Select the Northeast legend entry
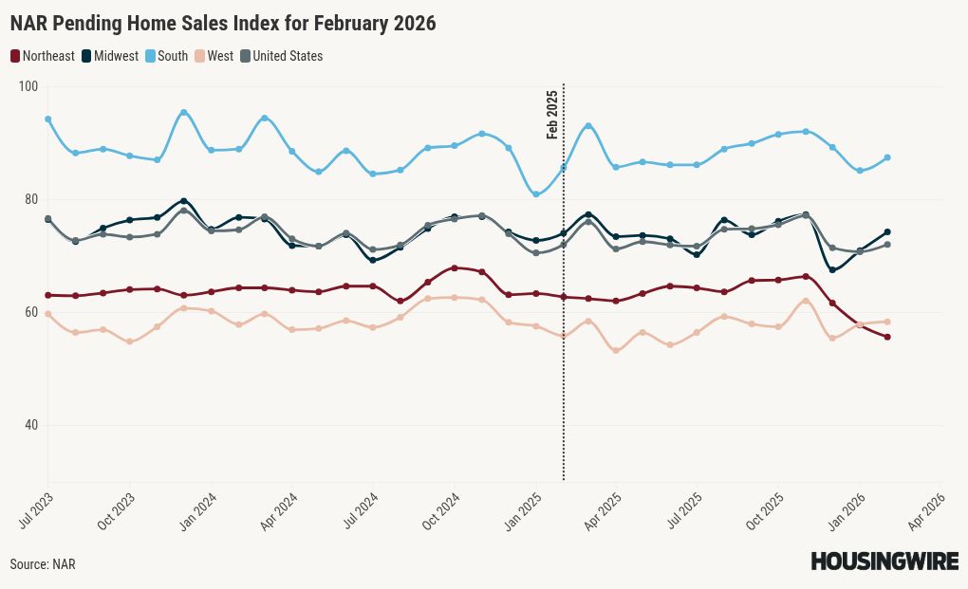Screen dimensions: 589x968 tap(43, 56)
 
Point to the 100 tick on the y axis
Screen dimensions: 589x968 tap(28, 86)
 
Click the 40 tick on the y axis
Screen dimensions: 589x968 tap(29, 425)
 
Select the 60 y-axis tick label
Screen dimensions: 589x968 tap(29, 312)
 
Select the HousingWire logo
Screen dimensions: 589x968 tap(884, 561)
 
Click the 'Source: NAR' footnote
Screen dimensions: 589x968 tap(43, 564)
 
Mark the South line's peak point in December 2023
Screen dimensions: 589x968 tap(184, 113)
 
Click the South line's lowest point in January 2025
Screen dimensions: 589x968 tap(536, 194)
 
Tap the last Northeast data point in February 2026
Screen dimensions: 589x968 tap(887, 337)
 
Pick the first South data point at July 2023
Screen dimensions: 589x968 tap(47, 120)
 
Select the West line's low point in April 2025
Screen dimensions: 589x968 tap(617, 351)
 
